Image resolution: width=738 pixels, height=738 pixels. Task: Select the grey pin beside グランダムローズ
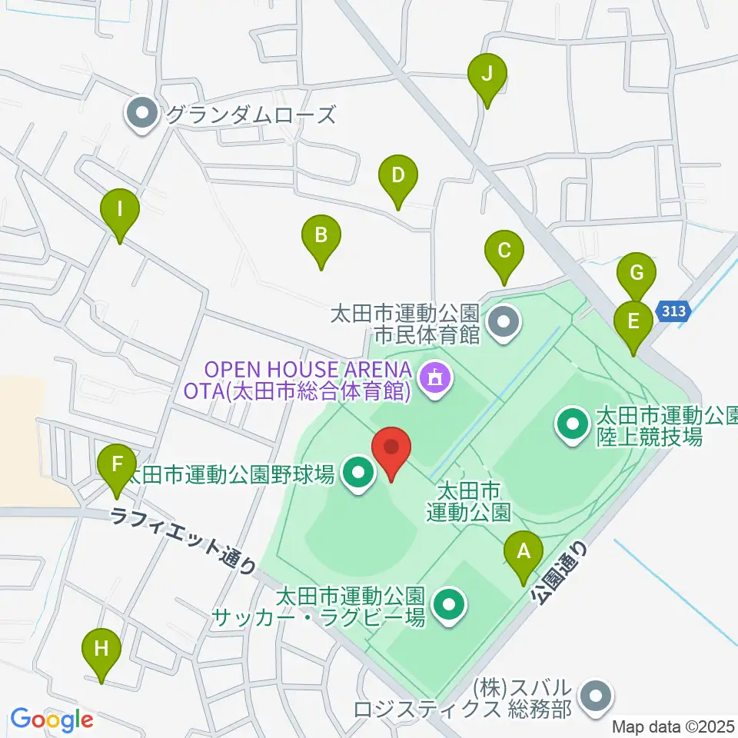142,115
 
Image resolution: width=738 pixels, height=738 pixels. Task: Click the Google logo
52,720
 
